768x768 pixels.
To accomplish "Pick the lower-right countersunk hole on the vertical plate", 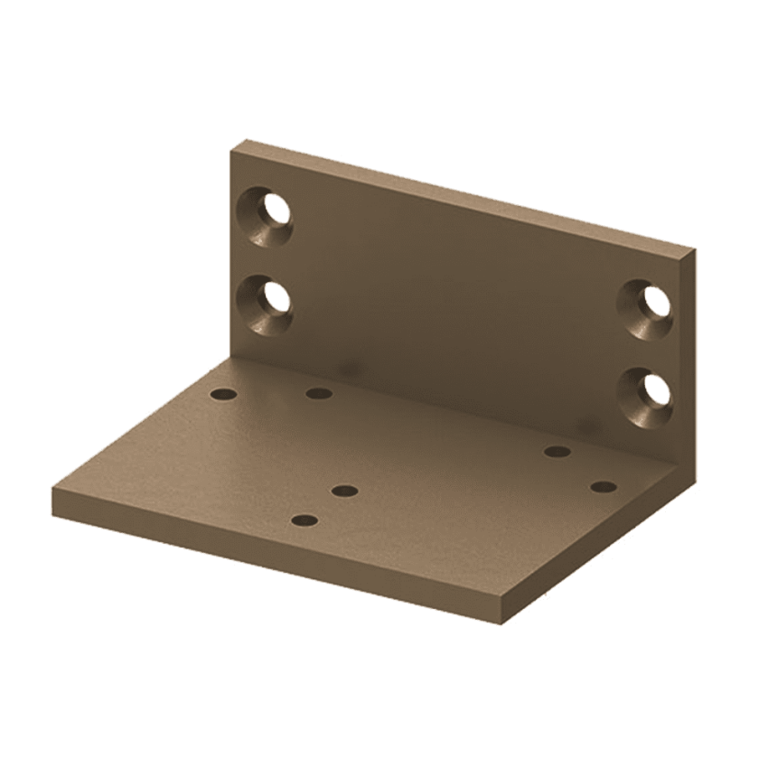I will pyautogui.click(x=647, y=390).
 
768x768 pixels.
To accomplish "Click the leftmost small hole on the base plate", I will pyautogui.click(x=221, y=394).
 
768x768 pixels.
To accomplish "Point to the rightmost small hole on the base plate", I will pyautogui.click(x=603, y=487).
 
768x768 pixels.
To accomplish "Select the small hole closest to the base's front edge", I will pyautogui.click(x=305, y=520).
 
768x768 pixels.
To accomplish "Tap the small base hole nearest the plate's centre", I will pyautogui.click(x=344, y=491).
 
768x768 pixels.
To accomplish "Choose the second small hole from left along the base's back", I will pyautogui.click(x=317, y=392).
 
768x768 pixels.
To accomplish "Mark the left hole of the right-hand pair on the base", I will pyautogui.click(x=557, y=451).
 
